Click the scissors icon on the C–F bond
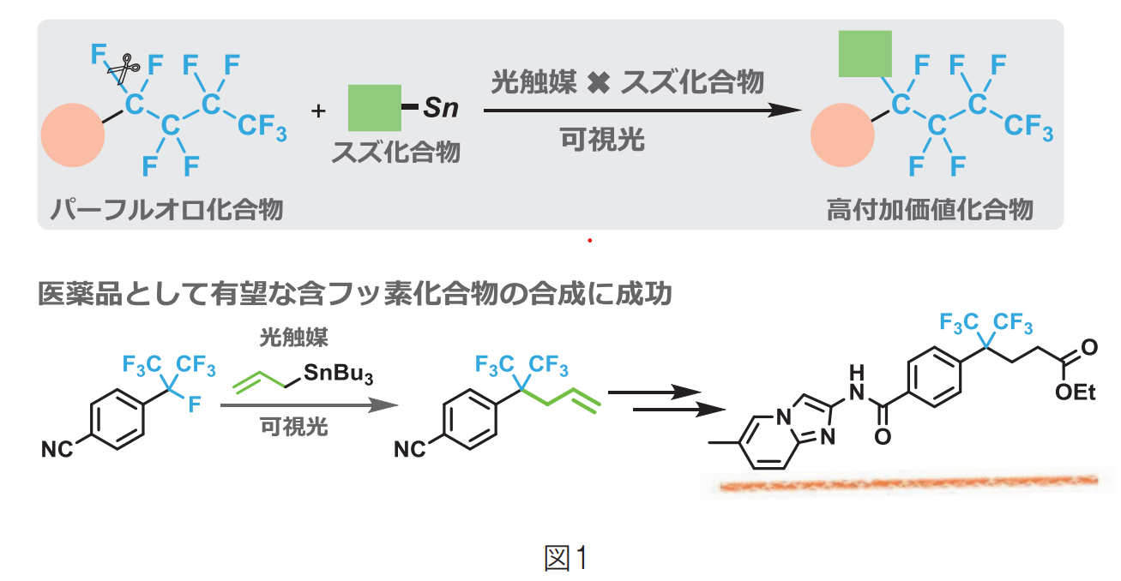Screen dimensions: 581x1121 [x=125, y=68]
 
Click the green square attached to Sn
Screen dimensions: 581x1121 [x=374, y=108]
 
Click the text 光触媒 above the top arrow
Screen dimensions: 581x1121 [x=529, y=83]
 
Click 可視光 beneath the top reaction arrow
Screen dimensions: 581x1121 [x=601, y=140]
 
